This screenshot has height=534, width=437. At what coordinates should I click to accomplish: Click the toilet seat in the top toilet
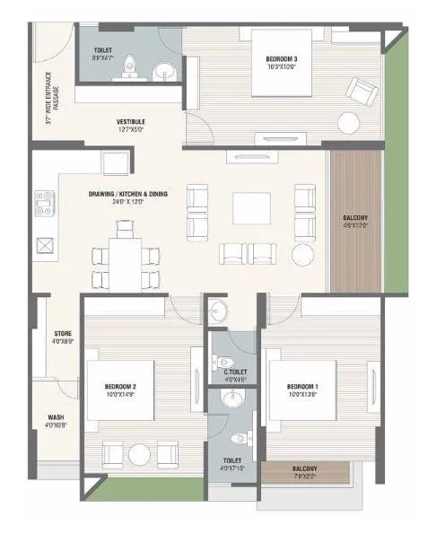coord(131,66)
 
